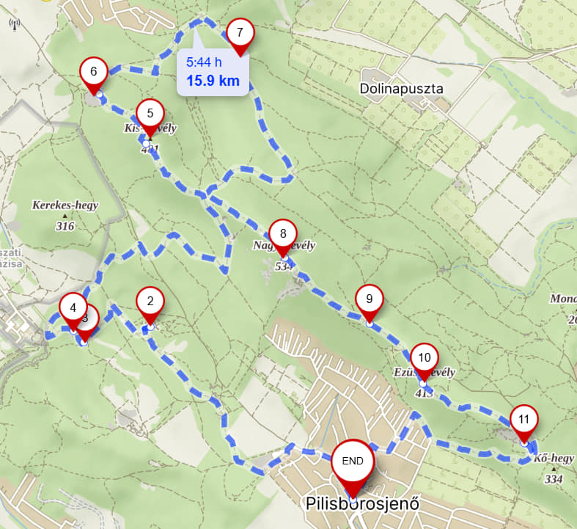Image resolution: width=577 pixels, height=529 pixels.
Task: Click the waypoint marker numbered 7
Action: (240, 33)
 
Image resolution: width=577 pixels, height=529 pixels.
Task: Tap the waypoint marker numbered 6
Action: (94, 71)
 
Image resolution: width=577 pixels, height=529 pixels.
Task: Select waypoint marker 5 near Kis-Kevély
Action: (150, 113)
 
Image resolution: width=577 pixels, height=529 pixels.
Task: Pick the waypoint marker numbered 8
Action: (282, 234)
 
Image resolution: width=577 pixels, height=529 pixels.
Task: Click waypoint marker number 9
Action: (370, 299)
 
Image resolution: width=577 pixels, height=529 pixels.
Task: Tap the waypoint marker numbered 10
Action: (424, 358)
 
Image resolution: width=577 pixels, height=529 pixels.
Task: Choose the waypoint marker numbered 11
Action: (523, 420)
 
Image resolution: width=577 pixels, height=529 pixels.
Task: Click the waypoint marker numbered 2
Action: (150, 300)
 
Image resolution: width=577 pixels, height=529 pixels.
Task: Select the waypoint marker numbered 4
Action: (73, 307)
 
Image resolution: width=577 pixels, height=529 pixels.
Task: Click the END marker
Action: (353, 461)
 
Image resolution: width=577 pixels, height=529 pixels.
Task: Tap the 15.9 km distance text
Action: (213, 81)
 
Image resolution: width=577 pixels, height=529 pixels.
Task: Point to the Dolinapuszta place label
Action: (402, 90)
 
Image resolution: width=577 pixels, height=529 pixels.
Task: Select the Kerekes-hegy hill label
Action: (65, 205)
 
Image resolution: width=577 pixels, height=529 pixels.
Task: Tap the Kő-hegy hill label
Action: (554, 459)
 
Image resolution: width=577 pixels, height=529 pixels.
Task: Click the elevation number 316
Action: (65, 226)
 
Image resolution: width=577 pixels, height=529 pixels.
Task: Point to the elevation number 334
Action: (554, 479)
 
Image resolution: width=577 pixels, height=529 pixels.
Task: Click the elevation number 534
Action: (284, 266)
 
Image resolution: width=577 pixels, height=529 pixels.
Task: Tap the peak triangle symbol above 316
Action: (65, 216)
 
